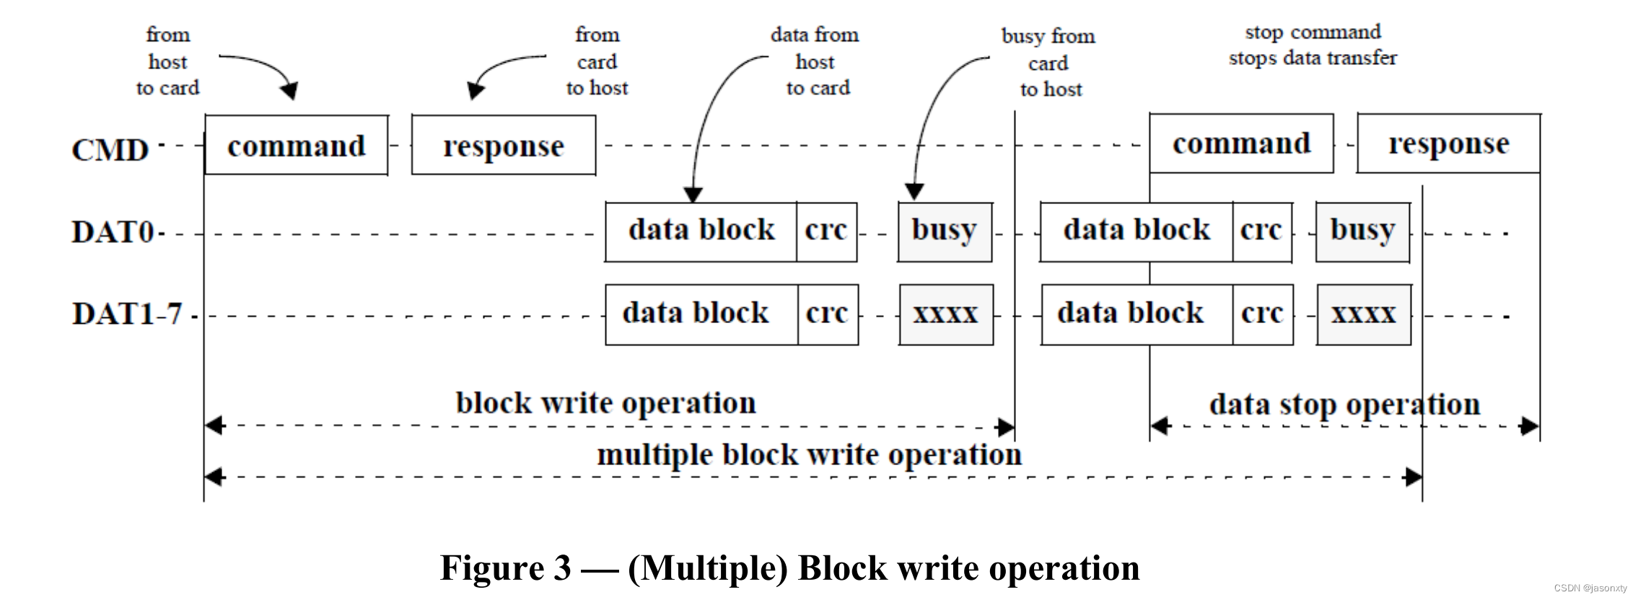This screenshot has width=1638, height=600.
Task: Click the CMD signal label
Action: (x=110, y=150)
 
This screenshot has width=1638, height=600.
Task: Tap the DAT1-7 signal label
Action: (x=127, y=314)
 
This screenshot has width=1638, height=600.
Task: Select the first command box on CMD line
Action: (x=297, y=145)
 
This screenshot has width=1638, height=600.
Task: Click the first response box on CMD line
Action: (x=504, y=145)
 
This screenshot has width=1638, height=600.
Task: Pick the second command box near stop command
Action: (x=1241, y=144)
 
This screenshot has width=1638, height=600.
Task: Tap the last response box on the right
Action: (x=1448, y=144)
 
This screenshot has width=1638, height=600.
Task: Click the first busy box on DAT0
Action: (x=945, y=231)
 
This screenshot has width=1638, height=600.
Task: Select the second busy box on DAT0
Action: (x=1362, y=231)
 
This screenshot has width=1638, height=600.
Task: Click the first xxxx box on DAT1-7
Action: (x=946, y=314)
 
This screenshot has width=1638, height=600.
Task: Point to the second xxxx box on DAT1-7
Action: (x=1364, y=314)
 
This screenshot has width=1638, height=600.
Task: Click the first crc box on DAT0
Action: (x=826, y=231)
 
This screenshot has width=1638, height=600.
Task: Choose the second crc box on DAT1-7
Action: (x=1262, y=314)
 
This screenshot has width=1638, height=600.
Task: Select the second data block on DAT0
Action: (x=1136, y=231)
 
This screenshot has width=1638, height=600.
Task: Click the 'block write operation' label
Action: (x=606, y=402)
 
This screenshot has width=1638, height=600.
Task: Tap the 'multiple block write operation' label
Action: (x=809, y=455)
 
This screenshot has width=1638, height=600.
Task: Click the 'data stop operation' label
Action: (x=1344, y=405)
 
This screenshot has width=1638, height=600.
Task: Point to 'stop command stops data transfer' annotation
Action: (x=1313, y=45)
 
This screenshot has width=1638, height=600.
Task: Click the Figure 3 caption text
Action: (x=789, y=568)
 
